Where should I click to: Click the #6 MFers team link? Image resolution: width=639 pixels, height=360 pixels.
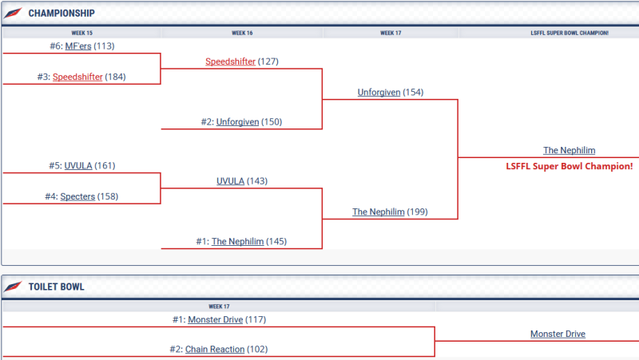tap(77, 46)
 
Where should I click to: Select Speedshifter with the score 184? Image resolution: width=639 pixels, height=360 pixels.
tap(77, 77)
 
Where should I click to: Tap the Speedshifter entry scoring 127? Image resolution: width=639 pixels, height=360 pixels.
tap(230, 61)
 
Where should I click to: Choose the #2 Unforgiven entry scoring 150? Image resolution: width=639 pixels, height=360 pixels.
tap(237, 122)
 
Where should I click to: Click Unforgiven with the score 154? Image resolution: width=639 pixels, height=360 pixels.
tap(379, 93)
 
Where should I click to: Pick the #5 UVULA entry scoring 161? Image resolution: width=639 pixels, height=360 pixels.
tap(78, 166)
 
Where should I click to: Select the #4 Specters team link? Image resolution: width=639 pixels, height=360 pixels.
tap(77, 196)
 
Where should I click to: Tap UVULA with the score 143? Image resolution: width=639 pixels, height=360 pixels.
tap(230, 181)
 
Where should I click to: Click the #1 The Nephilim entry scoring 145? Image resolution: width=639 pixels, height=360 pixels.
tap(237, 242)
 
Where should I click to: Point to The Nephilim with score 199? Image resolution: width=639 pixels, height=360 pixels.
tap(379, 212)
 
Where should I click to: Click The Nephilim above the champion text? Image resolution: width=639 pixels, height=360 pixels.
tap(569, 150)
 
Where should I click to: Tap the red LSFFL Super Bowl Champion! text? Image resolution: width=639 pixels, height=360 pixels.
tap(569, 166)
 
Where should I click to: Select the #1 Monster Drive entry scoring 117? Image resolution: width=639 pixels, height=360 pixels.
tap(215, 319)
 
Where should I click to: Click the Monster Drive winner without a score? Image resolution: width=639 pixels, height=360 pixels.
tap(558, 334)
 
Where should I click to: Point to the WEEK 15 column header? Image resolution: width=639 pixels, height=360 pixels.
tap(82, 33)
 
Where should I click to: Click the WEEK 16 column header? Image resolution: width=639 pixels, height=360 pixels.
tap(242, 33)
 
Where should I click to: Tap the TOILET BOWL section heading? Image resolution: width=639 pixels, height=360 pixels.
tap(56, 287)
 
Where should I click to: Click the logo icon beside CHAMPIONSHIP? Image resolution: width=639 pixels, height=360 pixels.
tap(14, 14)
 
